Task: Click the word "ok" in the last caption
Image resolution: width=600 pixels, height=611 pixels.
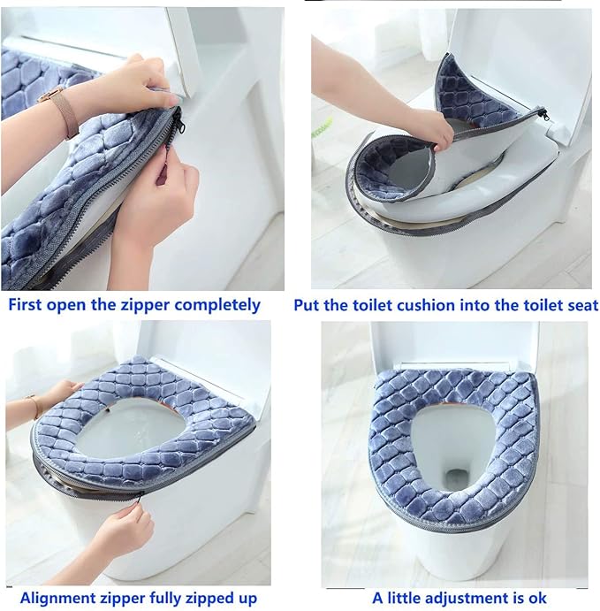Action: click(537, 599)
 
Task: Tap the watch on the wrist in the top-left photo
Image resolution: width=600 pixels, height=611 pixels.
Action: click(64, 112)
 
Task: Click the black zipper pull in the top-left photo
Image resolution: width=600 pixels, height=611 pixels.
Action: click(177, 126)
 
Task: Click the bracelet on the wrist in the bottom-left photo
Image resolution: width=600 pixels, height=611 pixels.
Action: click(36, 406)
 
